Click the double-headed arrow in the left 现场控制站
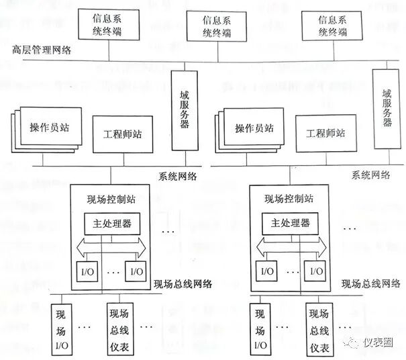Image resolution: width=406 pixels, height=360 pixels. point(111,247)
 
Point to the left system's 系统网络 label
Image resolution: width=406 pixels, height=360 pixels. point(178,177)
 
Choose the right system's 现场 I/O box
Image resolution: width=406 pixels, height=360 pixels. point(259,330)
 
